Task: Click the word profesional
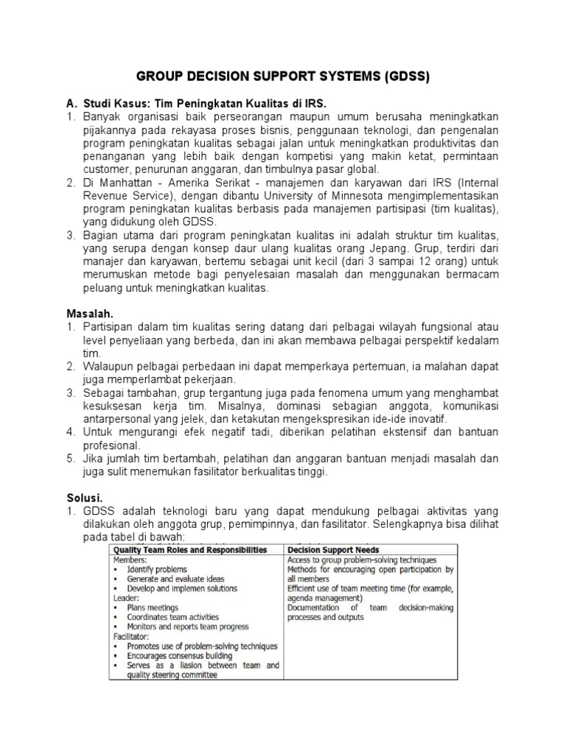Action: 111,445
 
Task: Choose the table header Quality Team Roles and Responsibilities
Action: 193,549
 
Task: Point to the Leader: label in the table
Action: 127,598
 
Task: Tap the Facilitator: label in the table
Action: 133,635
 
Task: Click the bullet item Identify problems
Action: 157,569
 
